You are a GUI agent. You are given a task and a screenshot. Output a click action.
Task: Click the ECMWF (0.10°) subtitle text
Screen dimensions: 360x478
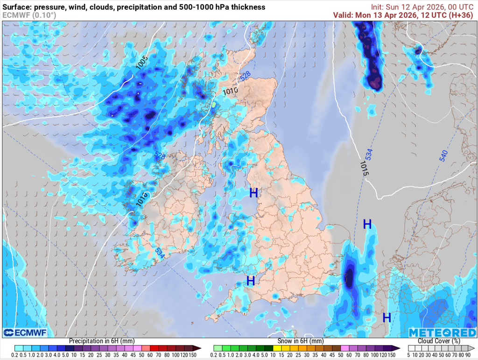29,15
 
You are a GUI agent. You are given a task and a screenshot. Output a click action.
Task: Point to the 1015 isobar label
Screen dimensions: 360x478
365,168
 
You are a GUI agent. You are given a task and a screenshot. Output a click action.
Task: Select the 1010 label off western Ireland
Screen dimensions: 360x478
142,199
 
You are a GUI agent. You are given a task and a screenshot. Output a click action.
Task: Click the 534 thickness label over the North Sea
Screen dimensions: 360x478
369,153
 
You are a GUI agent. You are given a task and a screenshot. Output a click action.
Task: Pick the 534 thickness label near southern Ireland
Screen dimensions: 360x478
160,253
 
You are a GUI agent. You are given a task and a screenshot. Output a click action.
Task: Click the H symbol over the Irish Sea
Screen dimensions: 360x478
253,193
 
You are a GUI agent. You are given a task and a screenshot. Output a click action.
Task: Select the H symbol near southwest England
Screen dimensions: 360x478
251,281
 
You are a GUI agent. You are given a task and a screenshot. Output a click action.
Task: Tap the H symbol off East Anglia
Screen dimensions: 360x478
367,225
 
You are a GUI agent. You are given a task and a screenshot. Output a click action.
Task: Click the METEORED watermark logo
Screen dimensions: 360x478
442,332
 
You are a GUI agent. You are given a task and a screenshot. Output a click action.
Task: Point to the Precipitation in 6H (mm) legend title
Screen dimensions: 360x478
96,341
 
